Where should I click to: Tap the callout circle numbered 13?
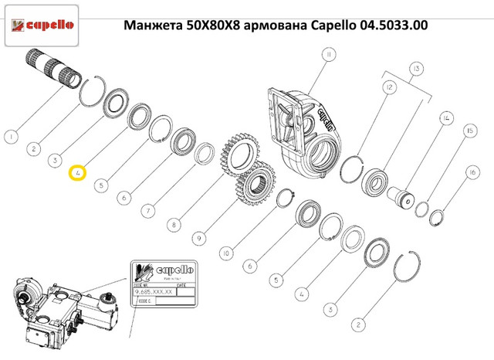coord(418,70)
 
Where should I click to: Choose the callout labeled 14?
coord(445,118)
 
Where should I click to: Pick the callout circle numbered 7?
coord(147,210)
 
